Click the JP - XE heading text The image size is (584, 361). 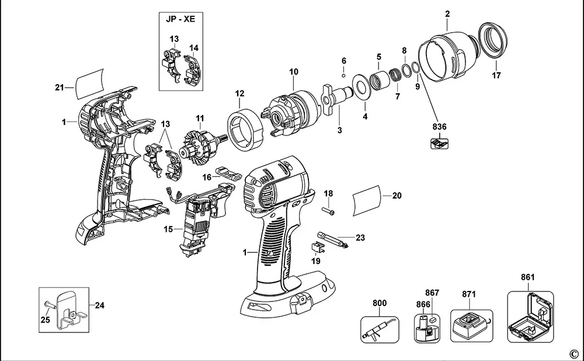pos(180,19)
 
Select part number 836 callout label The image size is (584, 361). pos(440,127)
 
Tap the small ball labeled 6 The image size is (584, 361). pos(344,76)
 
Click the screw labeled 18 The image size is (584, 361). pos(328,211)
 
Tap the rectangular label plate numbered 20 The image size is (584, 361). pos(367,200)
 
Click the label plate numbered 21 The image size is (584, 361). pos(90,84)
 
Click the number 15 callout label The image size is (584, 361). pos(168,229)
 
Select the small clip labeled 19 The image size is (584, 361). pos(316,247)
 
